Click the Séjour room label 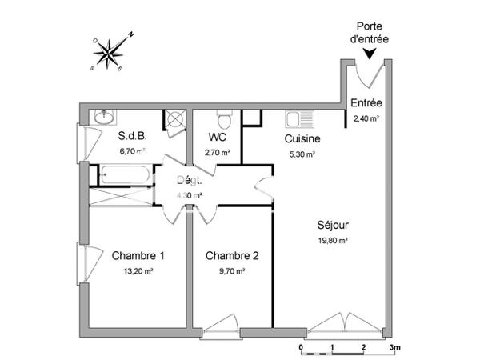[x=331, y=226]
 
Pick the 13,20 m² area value [x=138, y=270]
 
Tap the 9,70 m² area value [x=232, y=270]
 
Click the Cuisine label [x=302, y=138]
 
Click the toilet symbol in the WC [x=226, y=120]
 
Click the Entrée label [x=366, y=103]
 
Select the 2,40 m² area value [x=366, y=118]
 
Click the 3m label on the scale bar [x=394, y=349]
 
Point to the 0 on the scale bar [x=300, y=349]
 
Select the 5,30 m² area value [x=302, y=153]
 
